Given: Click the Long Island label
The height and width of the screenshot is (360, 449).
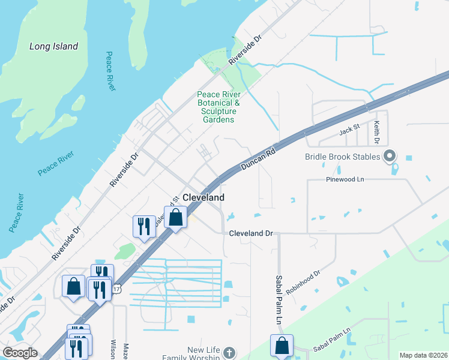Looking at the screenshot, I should [54, 46].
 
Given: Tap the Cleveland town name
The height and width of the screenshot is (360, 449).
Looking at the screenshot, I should [203, 197].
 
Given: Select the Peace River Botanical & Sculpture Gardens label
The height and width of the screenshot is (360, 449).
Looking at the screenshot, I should [219, 107].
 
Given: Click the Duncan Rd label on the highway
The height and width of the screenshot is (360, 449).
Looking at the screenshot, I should [258, 158].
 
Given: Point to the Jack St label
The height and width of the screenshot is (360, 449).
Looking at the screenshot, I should [348, 129].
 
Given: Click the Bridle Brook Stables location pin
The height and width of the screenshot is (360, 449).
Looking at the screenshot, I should [390, 157].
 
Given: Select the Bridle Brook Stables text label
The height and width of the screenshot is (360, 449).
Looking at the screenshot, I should [343, 157].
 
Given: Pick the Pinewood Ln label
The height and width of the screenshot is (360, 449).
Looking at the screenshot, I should [345, 179].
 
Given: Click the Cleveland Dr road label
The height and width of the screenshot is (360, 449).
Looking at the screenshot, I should [250, 233].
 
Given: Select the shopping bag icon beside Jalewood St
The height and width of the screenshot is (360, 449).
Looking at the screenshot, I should [175, 217].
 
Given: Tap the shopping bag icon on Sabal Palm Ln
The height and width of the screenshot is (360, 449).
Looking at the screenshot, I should [282, 346].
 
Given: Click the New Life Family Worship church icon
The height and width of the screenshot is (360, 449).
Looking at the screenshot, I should [228, 352].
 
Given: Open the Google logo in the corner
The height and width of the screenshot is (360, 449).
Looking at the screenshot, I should [19, 353].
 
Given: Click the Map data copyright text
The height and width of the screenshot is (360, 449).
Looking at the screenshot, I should [423, 355].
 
